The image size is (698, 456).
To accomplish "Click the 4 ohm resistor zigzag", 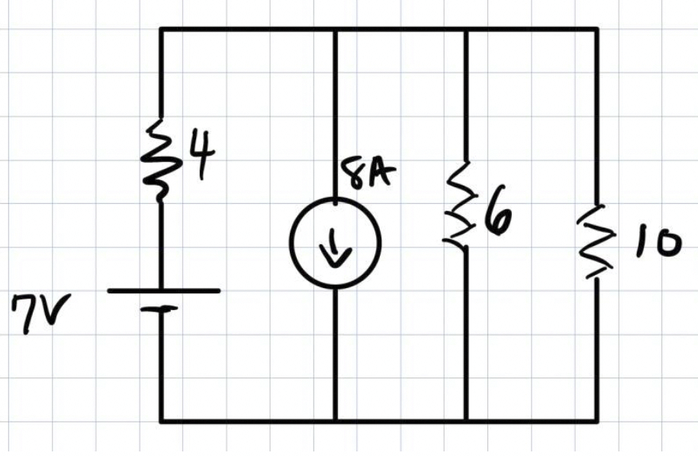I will click(x=160, y=159).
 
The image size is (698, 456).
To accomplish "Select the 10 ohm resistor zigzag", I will click(x=595, y=241).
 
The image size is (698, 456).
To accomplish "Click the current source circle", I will click(x=335, y=242).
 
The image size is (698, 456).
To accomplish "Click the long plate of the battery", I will click(x=163, y=290).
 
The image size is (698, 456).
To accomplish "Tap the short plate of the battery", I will click(x=161, y=309).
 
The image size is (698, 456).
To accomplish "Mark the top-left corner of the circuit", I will click(x=160, y=29).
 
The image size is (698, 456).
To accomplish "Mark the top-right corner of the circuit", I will click(x=597, y=29).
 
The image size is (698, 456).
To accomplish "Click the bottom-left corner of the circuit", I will click(x=160, y=421).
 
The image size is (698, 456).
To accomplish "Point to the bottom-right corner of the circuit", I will click(x=597, y=421).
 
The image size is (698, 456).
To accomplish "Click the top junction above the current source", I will click(x=335, y=29).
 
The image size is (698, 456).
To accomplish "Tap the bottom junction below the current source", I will click(x=335, y=421).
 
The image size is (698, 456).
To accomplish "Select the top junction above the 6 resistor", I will click(x=465, y=29).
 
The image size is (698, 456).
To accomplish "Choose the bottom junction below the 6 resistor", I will click(x=465, y=421).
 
